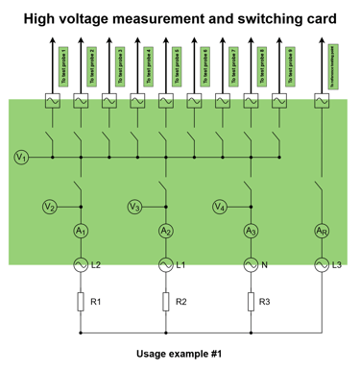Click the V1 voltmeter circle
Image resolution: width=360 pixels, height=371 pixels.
[x=22, y=156]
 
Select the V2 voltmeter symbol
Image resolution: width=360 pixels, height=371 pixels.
[x=50, y=207]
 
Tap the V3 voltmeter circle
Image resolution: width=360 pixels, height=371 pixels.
[x=135, y=207]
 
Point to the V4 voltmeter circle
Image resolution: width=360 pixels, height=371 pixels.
[x=220, y=207]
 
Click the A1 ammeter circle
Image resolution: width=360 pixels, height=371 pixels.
[x=81, y=231]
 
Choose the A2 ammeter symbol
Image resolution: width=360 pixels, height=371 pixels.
[x=166, y=231]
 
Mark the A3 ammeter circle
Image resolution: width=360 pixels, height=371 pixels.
[x=251, y=231]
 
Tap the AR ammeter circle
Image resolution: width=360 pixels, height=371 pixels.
[x=322, y=231]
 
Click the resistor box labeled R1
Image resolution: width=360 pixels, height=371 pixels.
[x=81, y=302]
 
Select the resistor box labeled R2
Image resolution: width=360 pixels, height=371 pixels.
[x=166, y=302]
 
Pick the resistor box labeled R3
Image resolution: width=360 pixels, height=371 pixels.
[x=251, y=302]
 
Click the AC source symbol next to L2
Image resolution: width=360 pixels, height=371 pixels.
[x=81, y=262]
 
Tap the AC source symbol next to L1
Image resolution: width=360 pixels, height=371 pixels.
[x=166, y=262]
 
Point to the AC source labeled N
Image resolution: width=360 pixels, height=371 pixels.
[x=251, y=262]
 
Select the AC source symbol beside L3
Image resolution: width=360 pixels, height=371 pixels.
[x=322, y=262]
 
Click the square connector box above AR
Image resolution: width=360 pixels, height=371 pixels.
[x=322, y=101]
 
